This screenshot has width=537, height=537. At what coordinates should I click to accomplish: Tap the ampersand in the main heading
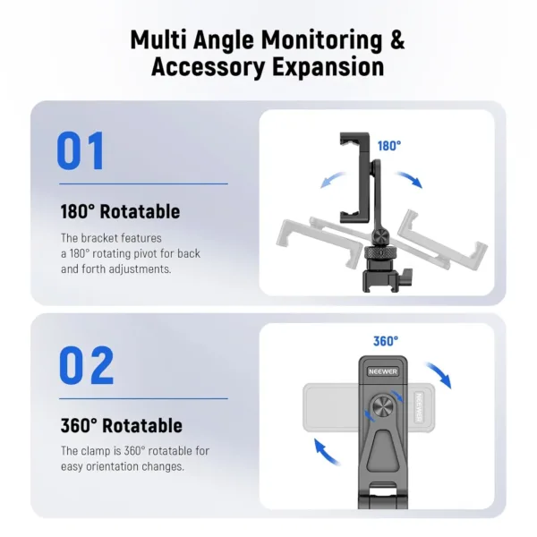[x=395, y=40]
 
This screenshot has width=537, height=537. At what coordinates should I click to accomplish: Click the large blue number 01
[x=81, y=151]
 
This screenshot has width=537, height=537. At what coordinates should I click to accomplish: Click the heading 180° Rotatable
[x=120, y=212]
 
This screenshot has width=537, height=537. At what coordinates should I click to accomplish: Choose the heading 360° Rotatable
[x=121, y=426]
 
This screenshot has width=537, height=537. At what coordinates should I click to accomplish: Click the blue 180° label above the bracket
[x=388, y=145]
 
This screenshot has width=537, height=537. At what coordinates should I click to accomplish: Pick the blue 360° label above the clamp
[x=385, y=341]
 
